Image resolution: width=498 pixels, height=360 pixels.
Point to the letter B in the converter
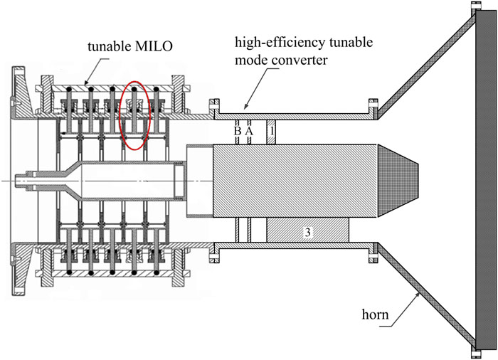click(238, 132)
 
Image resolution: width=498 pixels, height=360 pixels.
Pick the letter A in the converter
click(249, 132)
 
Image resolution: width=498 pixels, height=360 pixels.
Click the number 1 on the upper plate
click(270, 132)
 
